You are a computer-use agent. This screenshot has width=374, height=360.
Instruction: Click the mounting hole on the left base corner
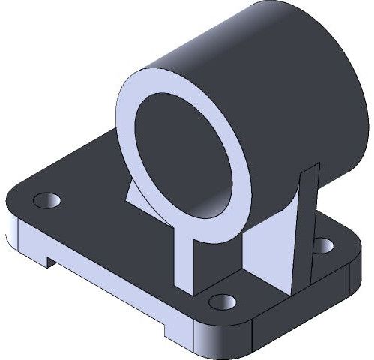46,200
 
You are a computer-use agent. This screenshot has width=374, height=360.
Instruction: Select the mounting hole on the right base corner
323,244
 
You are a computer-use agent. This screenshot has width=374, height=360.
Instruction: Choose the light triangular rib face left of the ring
134,196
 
